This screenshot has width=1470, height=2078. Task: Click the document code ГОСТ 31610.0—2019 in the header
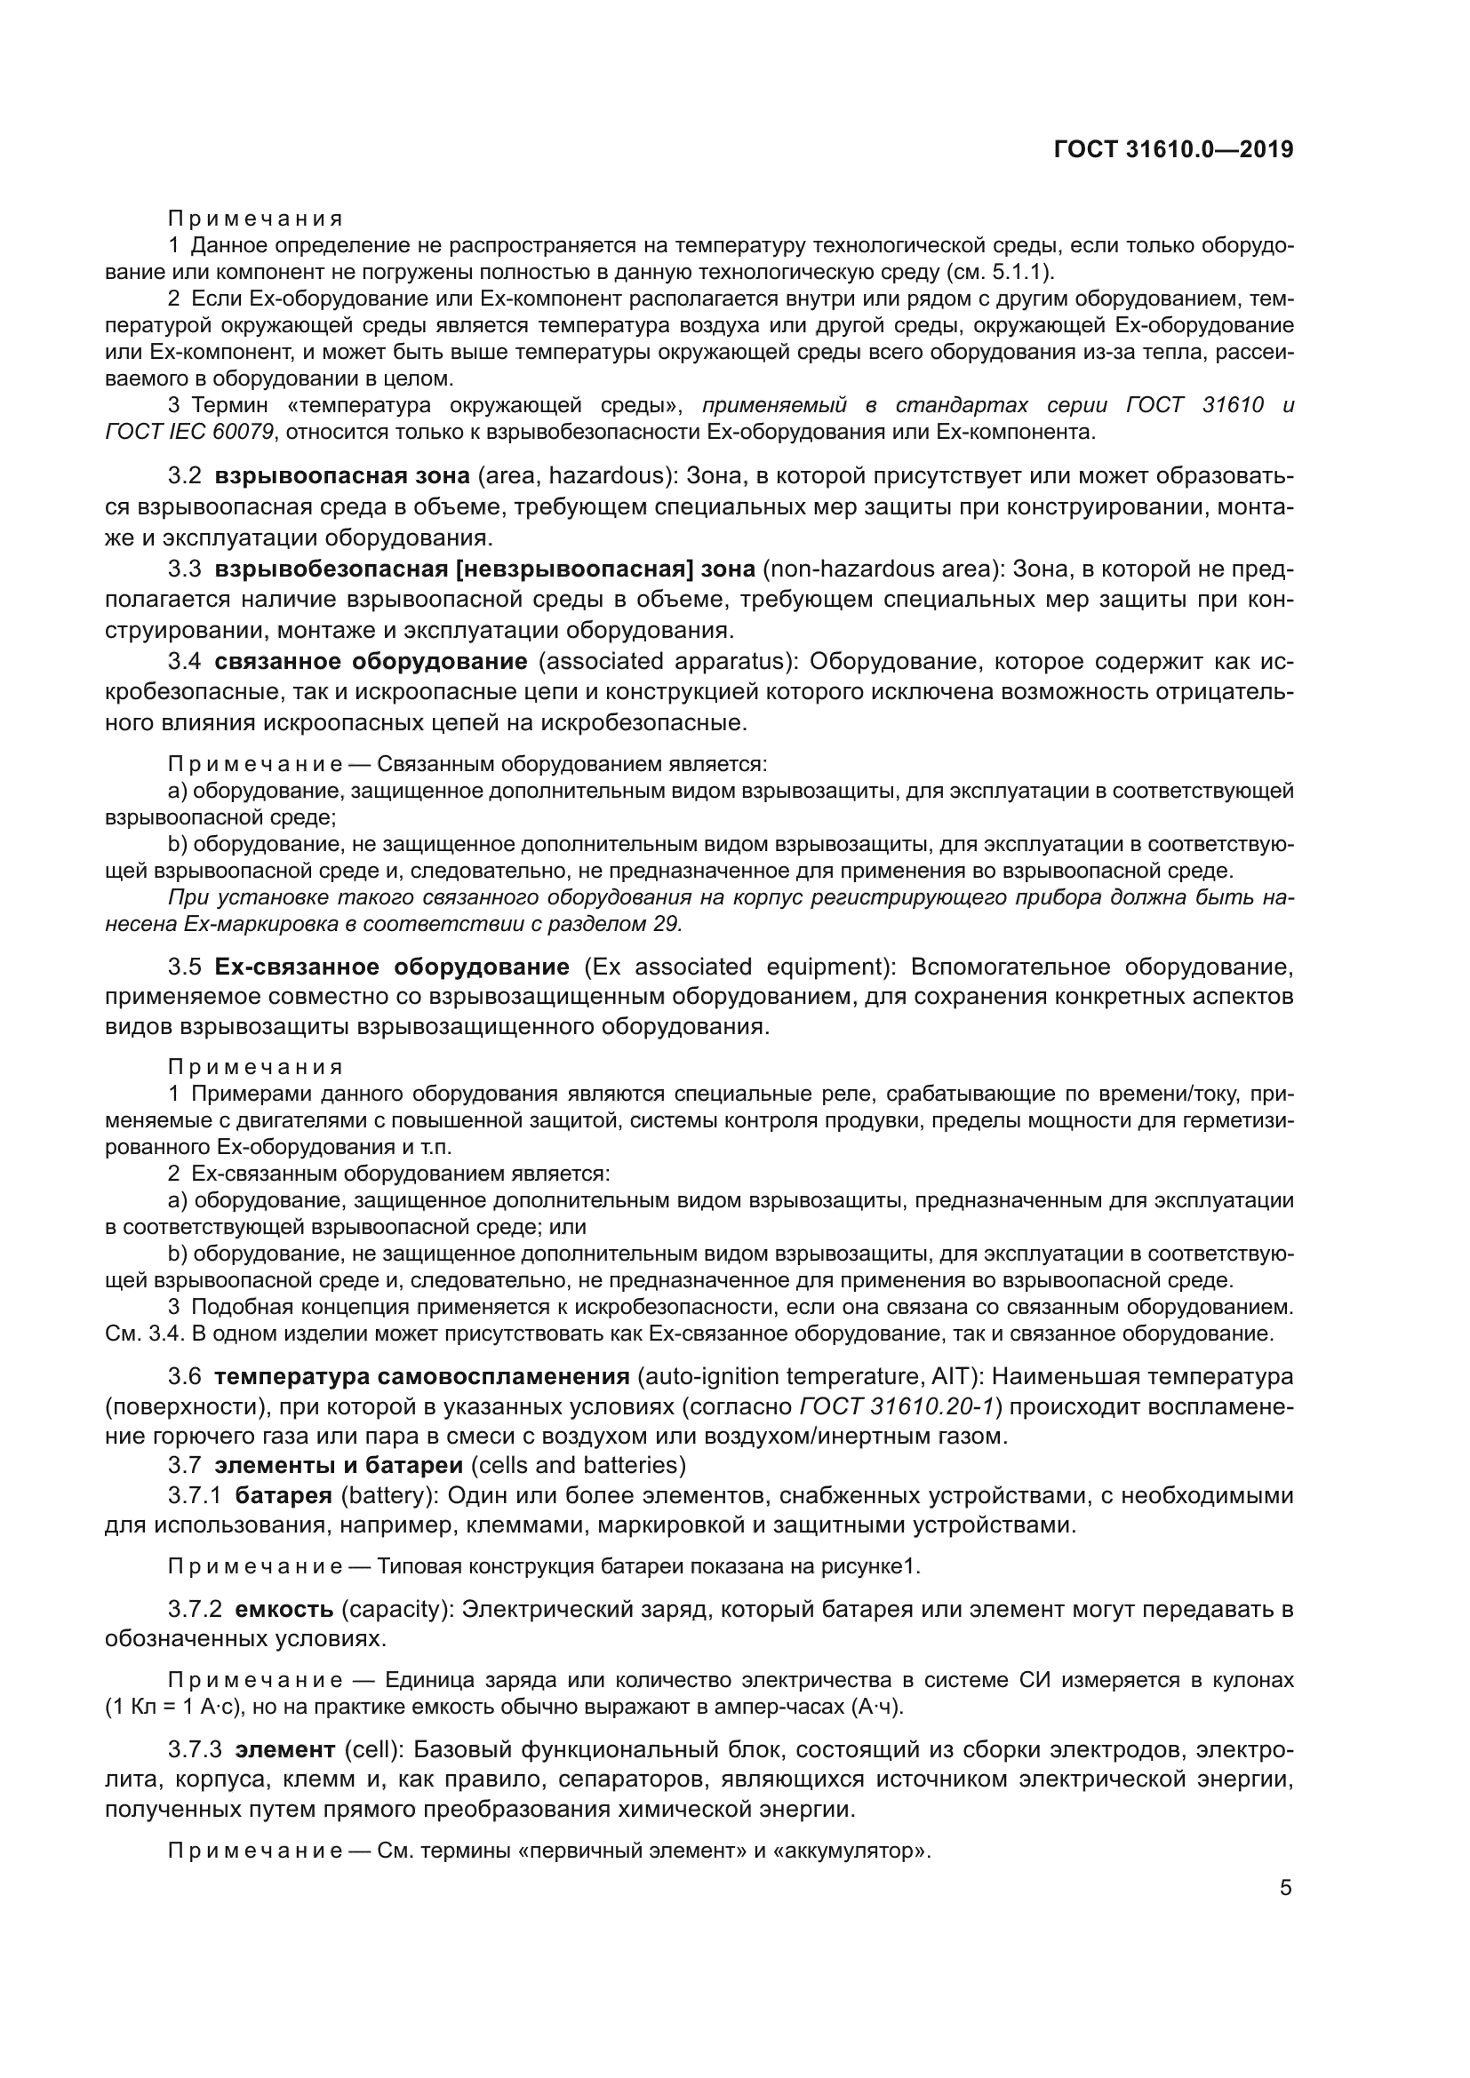1173,149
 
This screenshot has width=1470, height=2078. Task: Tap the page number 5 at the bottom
1285,1887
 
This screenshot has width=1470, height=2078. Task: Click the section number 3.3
184,569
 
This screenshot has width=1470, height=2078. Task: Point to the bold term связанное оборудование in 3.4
371,662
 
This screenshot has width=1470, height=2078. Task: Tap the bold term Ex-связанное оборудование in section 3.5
391,967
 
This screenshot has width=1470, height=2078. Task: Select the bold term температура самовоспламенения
421,1376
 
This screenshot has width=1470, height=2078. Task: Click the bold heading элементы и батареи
339,1464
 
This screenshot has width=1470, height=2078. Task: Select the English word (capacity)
396,1610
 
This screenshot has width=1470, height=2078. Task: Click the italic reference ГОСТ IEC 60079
189,432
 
